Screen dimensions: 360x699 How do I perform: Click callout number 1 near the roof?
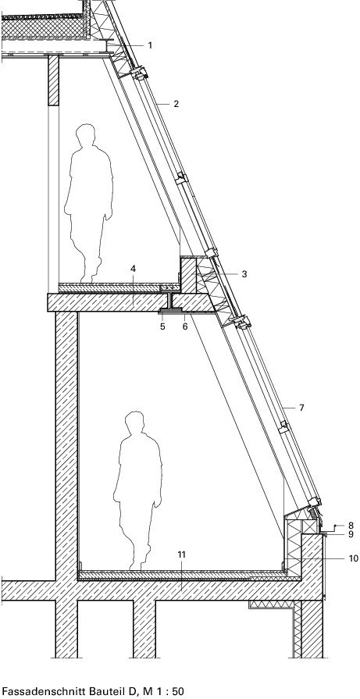150,45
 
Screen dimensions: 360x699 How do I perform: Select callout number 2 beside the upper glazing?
176,104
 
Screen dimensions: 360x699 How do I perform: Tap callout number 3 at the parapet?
244,274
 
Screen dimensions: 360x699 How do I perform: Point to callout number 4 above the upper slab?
134,269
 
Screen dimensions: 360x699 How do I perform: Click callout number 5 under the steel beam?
162,326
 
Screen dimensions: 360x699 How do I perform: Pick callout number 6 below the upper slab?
185,326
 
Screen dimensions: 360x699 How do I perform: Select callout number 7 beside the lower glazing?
301,408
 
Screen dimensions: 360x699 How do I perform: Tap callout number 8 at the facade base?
351,526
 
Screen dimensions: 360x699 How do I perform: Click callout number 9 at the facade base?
351,534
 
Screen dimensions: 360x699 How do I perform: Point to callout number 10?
353,558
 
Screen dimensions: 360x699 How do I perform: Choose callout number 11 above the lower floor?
181,555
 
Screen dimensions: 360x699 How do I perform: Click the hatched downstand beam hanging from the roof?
53,80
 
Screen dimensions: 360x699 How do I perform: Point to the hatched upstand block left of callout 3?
188,275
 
